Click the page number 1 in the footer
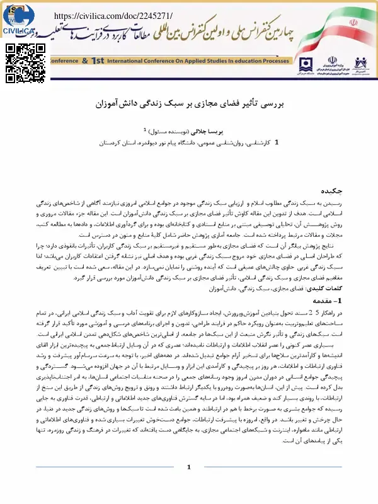pyautogui.click(x=188, y=484)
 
